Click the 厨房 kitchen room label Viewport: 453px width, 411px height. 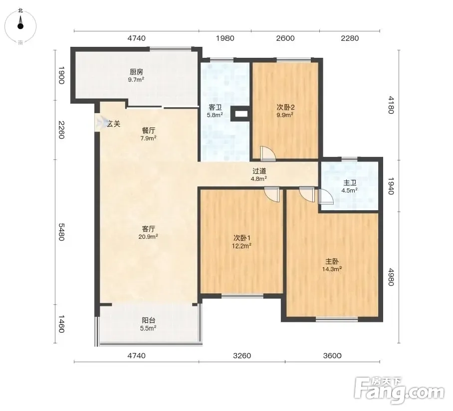136,72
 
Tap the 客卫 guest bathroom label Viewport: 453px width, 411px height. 215,108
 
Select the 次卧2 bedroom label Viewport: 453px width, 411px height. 285,107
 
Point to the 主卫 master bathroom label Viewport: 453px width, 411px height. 350,183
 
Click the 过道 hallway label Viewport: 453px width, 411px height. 259,171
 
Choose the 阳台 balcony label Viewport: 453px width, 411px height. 149,320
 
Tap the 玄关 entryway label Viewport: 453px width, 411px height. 114,124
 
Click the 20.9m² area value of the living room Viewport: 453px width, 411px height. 148,237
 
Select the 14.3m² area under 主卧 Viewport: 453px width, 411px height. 332,269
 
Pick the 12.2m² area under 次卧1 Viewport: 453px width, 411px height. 241,246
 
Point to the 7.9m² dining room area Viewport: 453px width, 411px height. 148,138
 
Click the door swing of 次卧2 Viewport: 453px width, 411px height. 268,153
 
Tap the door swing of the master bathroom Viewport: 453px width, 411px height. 326,197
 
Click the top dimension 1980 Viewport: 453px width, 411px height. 225,38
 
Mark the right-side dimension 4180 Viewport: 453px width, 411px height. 391,105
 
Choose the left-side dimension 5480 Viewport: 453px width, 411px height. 61,232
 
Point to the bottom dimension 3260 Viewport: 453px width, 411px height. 242,356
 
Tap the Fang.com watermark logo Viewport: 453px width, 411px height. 399,390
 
